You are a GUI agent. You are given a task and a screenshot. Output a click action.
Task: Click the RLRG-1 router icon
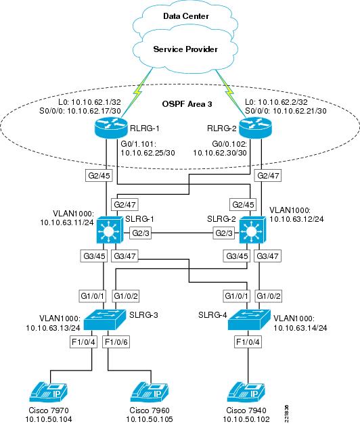[x=111, y=128]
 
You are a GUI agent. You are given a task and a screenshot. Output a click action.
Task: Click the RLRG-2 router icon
[x=255, y=128]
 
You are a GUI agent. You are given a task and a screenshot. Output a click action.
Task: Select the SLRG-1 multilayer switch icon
[x=110, y=230]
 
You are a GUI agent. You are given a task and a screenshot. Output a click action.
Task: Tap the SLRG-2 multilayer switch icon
[x=252, y=230]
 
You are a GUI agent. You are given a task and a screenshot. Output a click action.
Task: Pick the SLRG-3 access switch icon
[x=105, y=320]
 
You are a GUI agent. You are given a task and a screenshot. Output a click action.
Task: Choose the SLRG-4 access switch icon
[x=249, y=320]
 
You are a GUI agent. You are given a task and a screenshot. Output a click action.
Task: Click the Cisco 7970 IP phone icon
[x=49, y=392]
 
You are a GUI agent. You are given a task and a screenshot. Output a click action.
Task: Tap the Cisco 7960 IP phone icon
[x=150, y=392]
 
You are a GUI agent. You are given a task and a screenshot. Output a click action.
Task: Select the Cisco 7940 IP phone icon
[x=246, y=392]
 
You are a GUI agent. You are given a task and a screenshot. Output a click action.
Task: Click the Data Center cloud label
[x=186, y=16]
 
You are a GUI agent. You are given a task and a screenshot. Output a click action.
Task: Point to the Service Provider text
[x=185, y=49]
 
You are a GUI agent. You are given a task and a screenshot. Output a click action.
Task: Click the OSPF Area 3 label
[x=187, y=104]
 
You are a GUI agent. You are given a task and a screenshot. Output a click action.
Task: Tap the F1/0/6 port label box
[x=116, y=342]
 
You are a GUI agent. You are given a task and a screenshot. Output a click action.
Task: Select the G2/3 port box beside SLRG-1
[x=141, y=233]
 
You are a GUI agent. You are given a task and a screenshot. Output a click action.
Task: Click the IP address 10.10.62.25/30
[x=148, y=153]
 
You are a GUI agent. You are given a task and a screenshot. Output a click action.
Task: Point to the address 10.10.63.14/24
[x=300, y=328]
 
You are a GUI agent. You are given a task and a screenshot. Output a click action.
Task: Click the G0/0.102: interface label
[x=229, y=143]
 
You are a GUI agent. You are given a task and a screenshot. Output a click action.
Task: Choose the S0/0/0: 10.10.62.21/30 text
[x=286, y=111]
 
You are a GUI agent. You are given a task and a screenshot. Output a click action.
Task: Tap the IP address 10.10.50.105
[x=150, y=419]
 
